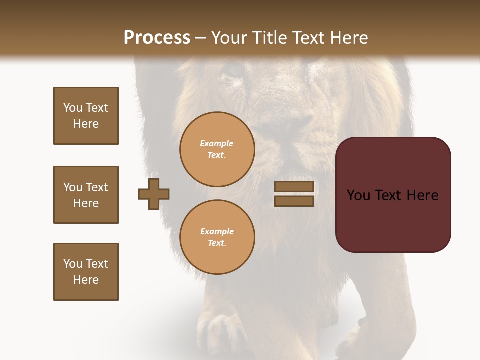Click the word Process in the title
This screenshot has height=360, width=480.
pos(157,38)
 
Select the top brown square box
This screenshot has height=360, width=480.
pos(86,116)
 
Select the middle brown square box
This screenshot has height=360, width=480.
pos(86,195)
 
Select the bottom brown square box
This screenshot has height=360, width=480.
pos(86,272)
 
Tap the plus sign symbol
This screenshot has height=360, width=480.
pos(154,194)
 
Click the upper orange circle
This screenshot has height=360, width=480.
pos(217,149)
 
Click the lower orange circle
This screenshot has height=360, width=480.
pos(217,237)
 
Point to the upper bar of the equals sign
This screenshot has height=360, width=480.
pos(294,187)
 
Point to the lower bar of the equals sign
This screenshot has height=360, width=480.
pos(294,201)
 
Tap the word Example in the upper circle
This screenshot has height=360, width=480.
pos(217,144)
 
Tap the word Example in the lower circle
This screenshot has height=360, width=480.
pos(217,232)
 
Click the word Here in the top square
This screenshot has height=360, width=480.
pos(86,124)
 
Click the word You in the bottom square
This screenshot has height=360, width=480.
pos(73,264)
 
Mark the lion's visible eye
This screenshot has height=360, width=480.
pos(233,70)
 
